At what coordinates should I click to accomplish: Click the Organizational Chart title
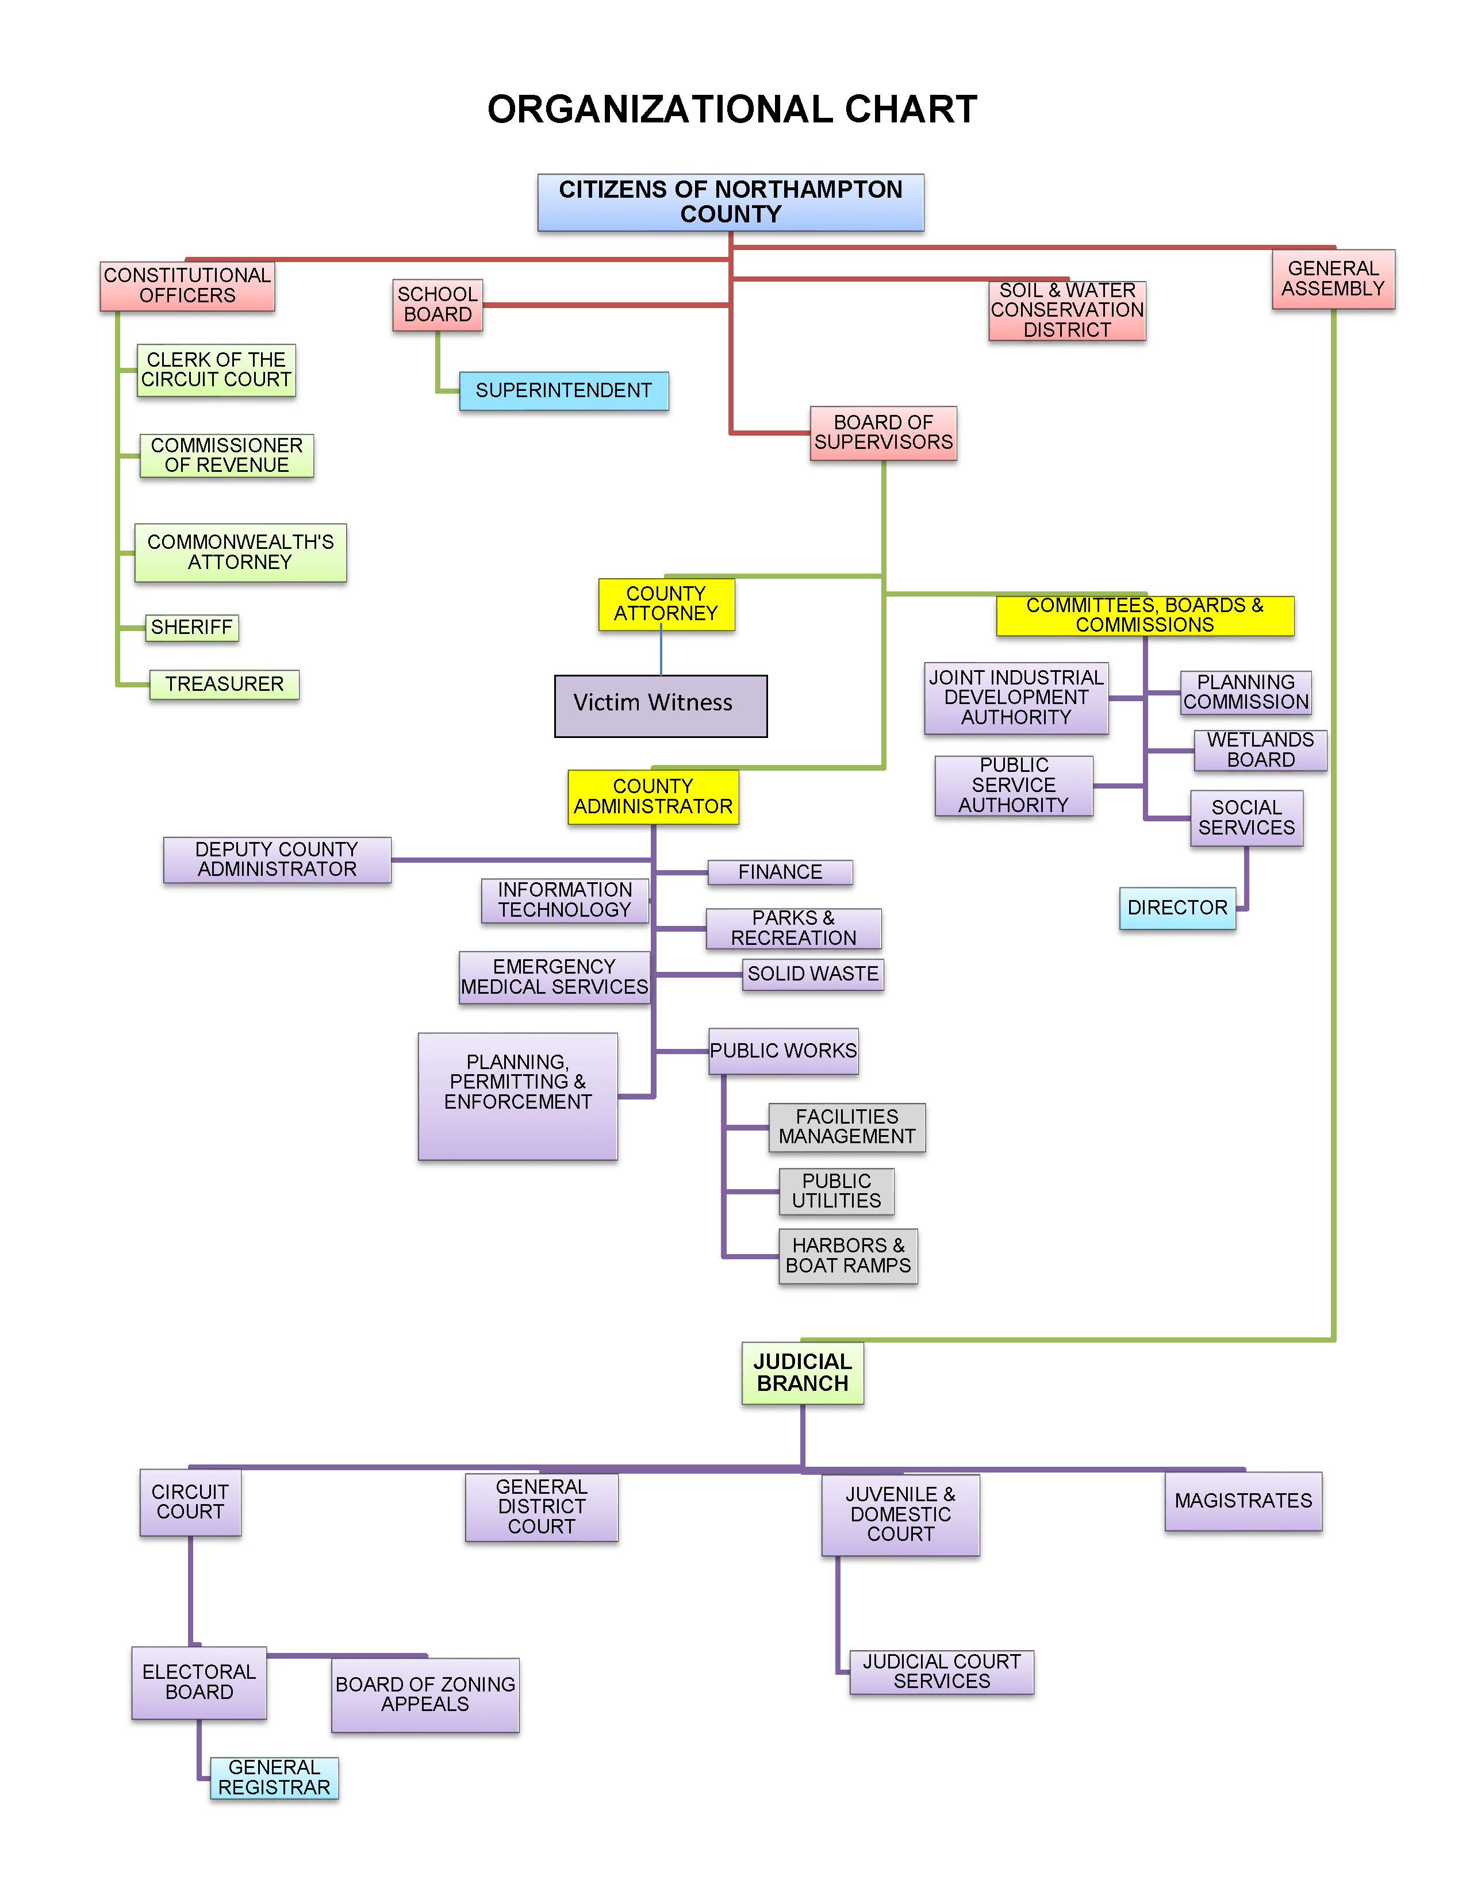click(731, 110)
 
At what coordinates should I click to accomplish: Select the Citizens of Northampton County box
click(730, 202)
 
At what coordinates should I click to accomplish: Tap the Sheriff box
click(192, 628)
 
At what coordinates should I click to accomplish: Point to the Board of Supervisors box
click(883, 433)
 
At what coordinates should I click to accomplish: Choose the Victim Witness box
click(661, 705)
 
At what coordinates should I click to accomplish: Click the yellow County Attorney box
click(666, 604)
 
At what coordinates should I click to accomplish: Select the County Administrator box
click(653, 797)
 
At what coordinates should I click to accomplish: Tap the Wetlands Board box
click(1260, 750)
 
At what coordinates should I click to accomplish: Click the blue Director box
click(1177, 908)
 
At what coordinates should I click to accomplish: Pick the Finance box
click(780, 872)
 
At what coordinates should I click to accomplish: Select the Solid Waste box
click(812, 974)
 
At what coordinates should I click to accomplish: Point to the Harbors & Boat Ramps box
click(847, 1256)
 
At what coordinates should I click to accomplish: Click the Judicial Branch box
click(802, 1373)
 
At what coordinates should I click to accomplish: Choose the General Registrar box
click(274, 1778)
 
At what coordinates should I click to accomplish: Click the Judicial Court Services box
click(941, 1671)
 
